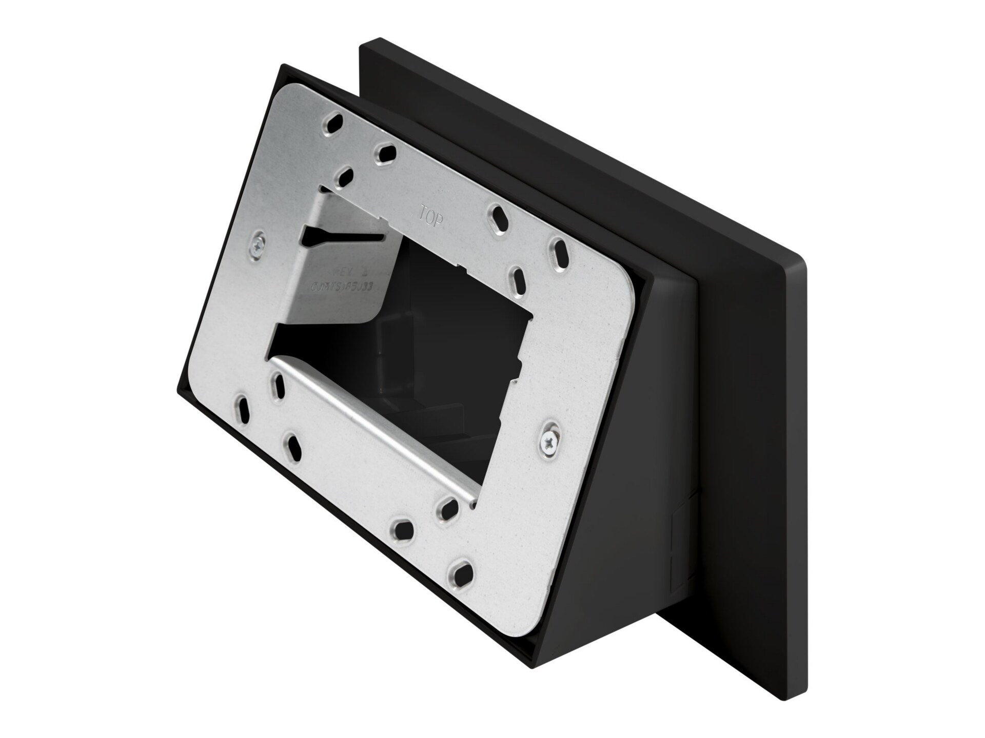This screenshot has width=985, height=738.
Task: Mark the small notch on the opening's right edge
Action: (518, 365)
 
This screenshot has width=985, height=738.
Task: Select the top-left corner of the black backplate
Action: (363, 45)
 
